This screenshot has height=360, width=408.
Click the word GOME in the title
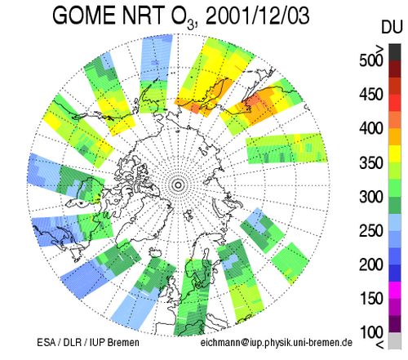point(83,16)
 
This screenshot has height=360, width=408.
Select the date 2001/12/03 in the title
point(257,16)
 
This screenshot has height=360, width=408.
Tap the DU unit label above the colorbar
point(392,27)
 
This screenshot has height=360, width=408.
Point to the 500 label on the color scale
point(371,60)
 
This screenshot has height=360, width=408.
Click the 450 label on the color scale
point(371,95)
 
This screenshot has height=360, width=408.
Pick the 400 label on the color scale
point(371,128)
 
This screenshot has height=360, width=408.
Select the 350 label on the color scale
point(371,162)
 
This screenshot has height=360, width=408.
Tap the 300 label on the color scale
point(371,197)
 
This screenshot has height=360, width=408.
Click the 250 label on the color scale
point(371,231)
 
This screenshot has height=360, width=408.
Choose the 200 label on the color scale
point(371,264)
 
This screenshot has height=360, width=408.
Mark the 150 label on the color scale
point(371,299)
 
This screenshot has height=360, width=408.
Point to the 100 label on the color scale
point(371,332)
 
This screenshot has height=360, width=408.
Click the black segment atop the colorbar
point(395,52)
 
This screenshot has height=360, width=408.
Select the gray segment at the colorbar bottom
point(395,340)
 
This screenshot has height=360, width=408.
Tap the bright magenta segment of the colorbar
point(395,290)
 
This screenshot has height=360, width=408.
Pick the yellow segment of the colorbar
point(395,154)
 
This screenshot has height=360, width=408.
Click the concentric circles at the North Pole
point(179,185)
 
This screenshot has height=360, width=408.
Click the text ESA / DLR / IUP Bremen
point(88,342)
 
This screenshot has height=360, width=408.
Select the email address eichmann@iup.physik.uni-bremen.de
point(277,343)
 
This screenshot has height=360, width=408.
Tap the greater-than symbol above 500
point(379,49)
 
